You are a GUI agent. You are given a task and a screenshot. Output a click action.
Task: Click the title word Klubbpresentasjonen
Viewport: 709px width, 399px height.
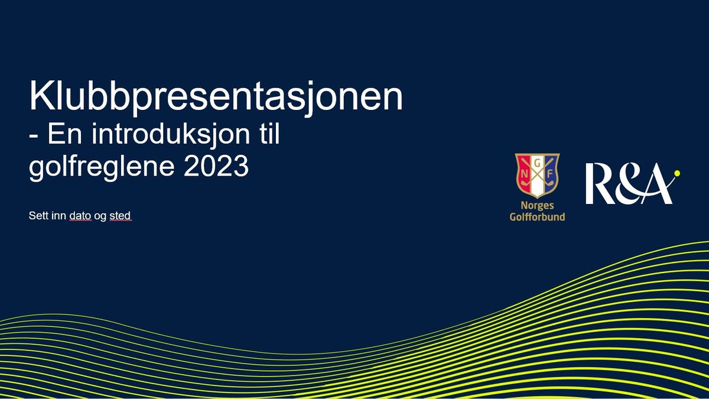[216, 97]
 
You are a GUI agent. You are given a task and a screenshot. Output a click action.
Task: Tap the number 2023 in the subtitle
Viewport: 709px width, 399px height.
[216, 166]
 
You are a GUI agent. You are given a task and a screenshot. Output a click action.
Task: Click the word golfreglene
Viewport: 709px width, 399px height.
[102, 168]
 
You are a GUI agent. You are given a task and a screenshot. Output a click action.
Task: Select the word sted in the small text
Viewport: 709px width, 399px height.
[120, 216]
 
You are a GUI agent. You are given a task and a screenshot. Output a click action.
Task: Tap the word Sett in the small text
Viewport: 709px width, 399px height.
[37, 216]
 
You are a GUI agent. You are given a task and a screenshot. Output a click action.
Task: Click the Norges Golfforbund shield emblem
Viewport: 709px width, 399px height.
[537, 175]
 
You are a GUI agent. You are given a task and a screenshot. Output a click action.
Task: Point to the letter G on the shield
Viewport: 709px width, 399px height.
[537, 163]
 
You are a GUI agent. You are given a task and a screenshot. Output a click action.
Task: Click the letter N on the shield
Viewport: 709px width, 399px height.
[525, 174]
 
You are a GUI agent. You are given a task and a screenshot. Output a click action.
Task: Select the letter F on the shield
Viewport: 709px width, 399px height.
[550, 174]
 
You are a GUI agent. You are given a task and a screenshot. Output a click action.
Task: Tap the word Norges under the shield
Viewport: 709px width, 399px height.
[537, 206]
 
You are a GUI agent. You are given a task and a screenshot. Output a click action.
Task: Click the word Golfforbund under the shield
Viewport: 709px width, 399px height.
[537, 217]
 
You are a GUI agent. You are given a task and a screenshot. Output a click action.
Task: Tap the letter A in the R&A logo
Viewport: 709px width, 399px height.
[655, 185]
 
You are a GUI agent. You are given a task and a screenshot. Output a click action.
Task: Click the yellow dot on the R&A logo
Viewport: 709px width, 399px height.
[677, 173]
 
